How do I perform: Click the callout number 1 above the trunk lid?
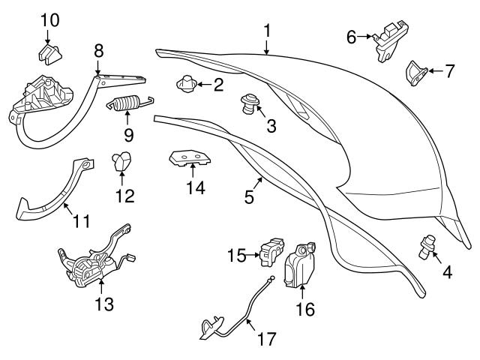pyautogui.click(x=266, y=31)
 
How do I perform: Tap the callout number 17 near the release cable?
pyautogui.click(x=266, y=339)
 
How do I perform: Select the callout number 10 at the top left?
pyautogui.click(x=49, y=18)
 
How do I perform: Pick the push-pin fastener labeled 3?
pyautogui.click(x=247, y=103)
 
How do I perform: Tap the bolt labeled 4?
pyautogui.click(x=428, y=245)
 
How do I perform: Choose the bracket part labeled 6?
pyautogui.click(x=387, y=40)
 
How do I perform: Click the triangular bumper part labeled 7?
pyautogui.click(x=417, y=73)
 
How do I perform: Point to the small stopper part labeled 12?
pyautogui.click(x=122, y=160)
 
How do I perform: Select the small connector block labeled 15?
pyautogui.click(x=271, y=251)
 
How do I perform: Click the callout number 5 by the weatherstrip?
pyautogui.click(x=250, y=196)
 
